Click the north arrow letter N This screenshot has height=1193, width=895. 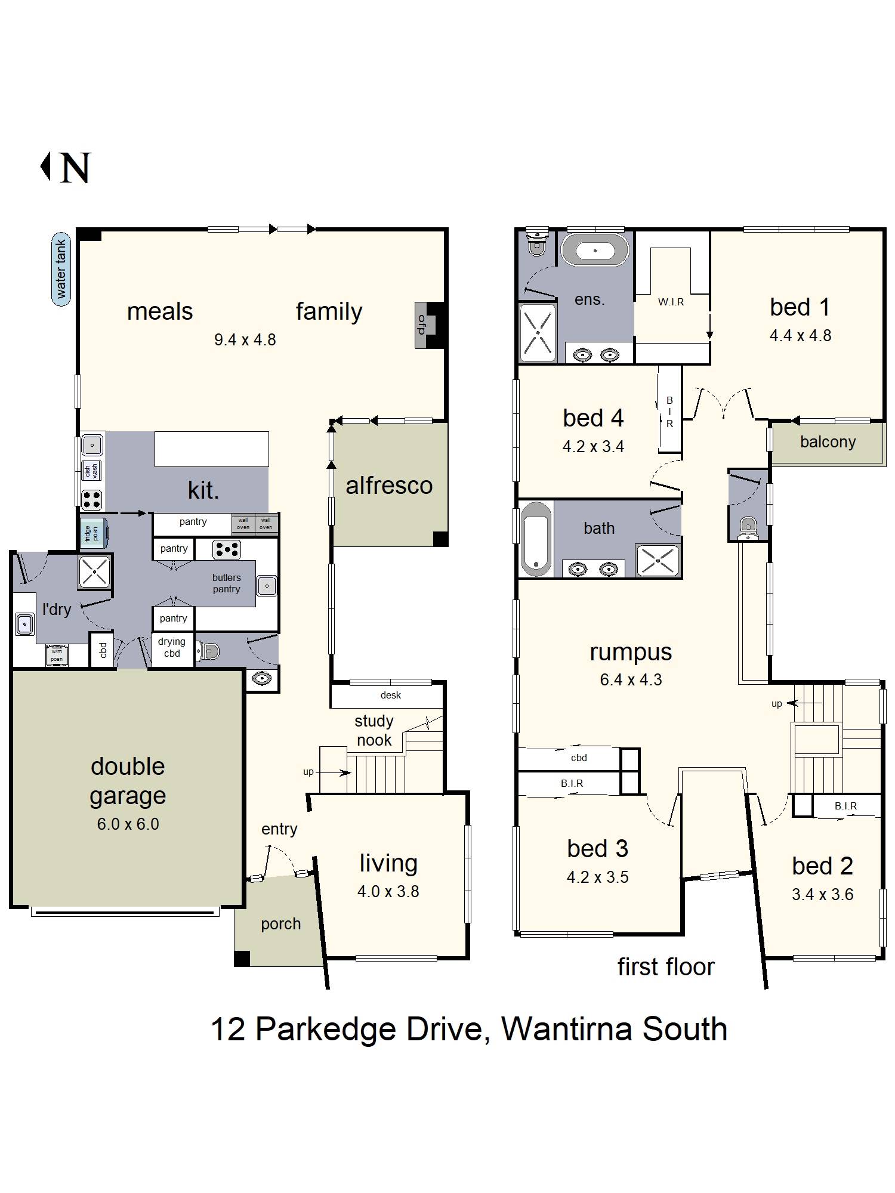(x=75, y=168)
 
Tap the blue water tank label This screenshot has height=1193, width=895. (x=61, y=269)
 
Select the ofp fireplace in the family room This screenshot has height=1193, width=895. (x=422, y=325)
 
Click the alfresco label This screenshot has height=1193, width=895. (x=389, y=486)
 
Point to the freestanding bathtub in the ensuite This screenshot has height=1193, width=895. (x=595, y=251)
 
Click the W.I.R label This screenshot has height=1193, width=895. (x=671, y=302)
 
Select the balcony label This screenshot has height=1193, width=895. (x=828, y=442)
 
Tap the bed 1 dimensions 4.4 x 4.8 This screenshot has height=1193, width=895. (x=800, y=336)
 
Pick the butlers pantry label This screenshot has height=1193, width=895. (x=226, y=583)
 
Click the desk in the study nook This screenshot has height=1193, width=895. (x=390, y=696)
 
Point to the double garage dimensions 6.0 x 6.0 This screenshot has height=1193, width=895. (x=128, y=824)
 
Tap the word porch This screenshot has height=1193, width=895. (x=280, y=924)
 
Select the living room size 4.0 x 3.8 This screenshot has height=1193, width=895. (x=388, y=892)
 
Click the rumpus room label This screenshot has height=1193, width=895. (x=631, y=653)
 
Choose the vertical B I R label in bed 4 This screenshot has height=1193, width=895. (x=669, y=412)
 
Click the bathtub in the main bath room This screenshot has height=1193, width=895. (x=536, y=539)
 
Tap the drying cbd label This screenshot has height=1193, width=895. (x=172, y=647)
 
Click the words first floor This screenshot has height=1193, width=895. (x=665, y=967)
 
